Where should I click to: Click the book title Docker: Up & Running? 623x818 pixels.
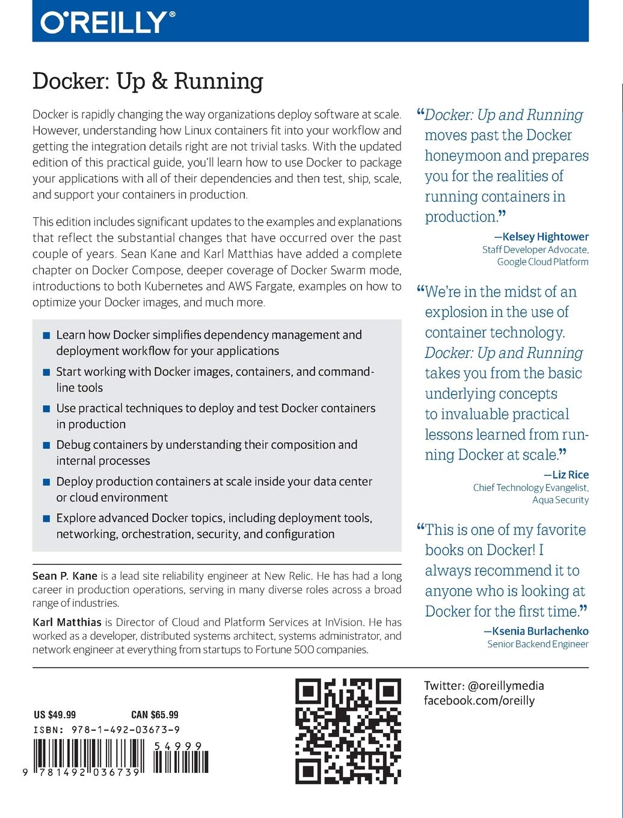pyautogui.click(x=148, y=81)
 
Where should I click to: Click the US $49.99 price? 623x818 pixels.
pyautogui.click(x=55, y=715)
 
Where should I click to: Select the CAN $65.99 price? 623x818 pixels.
pyautogui.click(x=155, y=715)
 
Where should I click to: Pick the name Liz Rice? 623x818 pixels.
pyautogui.click(x=570, y=475)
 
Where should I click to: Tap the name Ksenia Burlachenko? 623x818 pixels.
pyautogui.click(x=540, y=631)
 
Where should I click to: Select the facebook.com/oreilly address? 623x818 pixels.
pyautogui.click(x=479, y=700)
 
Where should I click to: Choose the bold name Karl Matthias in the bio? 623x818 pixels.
pyautogui.click(x=67, y=622)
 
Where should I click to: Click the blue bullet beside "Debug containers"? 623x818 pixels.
pyautogui.click(x=46, y=446)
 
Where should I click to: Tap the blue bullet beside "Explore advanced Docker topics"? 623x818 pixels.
pyautogui.click(x=46, y=519)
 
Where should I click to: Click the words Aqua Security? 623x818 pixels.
pyautogui.click(x=560, y=500)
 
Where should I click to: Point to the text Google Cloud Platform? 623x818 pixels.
pyautogui.click(x=542, y=262)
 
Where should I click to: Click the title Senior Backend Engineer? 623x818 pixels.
pyautogui.click(x=538, y=644)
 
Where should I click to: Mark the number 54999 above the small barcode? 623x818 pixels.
pyautogui.click(x=177, y=746)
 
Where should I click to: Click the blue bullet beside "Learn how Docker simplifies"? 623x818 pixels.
pyautogui.click(x=46, y=336)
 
